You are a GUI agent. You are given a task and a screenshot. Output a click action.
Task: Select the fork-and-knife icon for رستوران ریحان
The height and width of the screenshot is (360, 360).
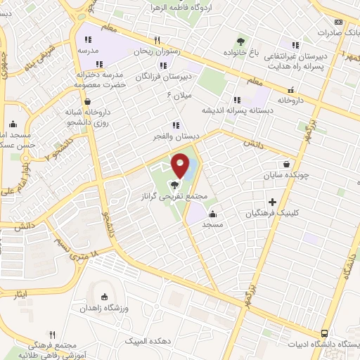(157, 40)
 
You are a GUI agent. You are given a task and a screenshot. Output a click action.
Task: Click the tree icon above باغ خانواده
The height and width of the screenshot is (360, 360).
(242, 41)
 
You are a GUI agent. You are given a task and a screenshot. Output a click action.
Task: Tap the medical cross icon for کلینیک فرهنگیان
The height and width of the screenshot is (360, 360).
(283, 202)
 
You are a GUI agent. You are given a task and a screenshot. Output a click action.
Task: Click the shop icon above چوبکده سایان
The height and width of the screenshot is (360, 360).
(285, 163)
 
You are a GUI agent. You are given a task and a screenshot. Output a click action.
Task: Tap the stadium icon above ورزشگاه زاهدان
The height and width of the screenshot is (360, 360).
(105, 297)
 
